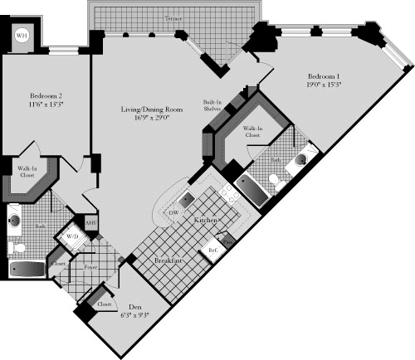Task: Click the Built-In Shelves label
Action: [x=212, y=106]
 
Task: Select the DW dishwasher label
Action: [x=173, y=213]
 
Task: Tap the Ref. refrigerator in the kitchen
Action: [x=212, y=249]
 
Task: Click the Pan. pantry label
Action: [x=228, y=241]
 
